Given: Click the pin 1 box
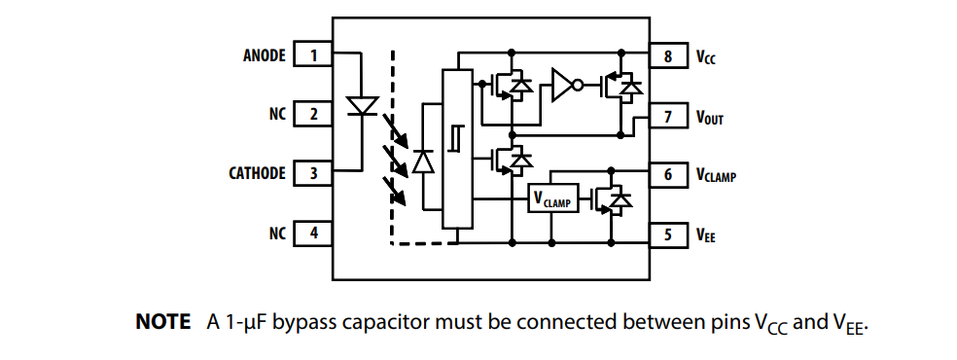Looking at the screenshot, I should pyautogui.click(x=313, y=55).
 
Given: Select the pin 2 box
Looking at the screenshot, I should pyautogui.click(x=313, y=115).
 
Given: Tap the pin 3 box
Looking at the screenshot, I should pyautogui.click(x=313, y=174).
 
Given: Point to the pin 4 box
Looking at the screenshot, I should pyautogui.click(x=313, y=234).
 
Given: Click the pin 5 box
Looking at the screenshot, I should pyautogui.click(x=668, y=234).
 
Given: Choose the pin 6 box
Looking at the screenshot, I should pyautogui.click(x=668, y=175).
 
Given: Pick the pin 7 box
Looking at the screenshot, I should pyautogui.click(x=668, y=117).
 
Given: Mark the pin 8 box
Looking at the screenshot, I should pyautogui.click(x=668, y=56).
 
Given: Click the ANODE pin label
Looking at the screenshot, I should pyautogui.click(x=264, y=55).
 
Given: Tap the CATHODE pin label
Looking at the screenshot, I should pyautogui.click(x=257, y=174).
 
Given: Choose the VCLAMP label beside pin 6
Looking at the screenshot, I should pyautogui.click(x=715, y=176).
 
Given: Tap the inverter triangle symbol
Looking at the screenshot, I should pyautogui.click(x=563, y=86).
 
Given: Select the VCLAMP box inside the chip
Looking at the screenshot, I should pyautogui.click(x=552, y=199).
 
